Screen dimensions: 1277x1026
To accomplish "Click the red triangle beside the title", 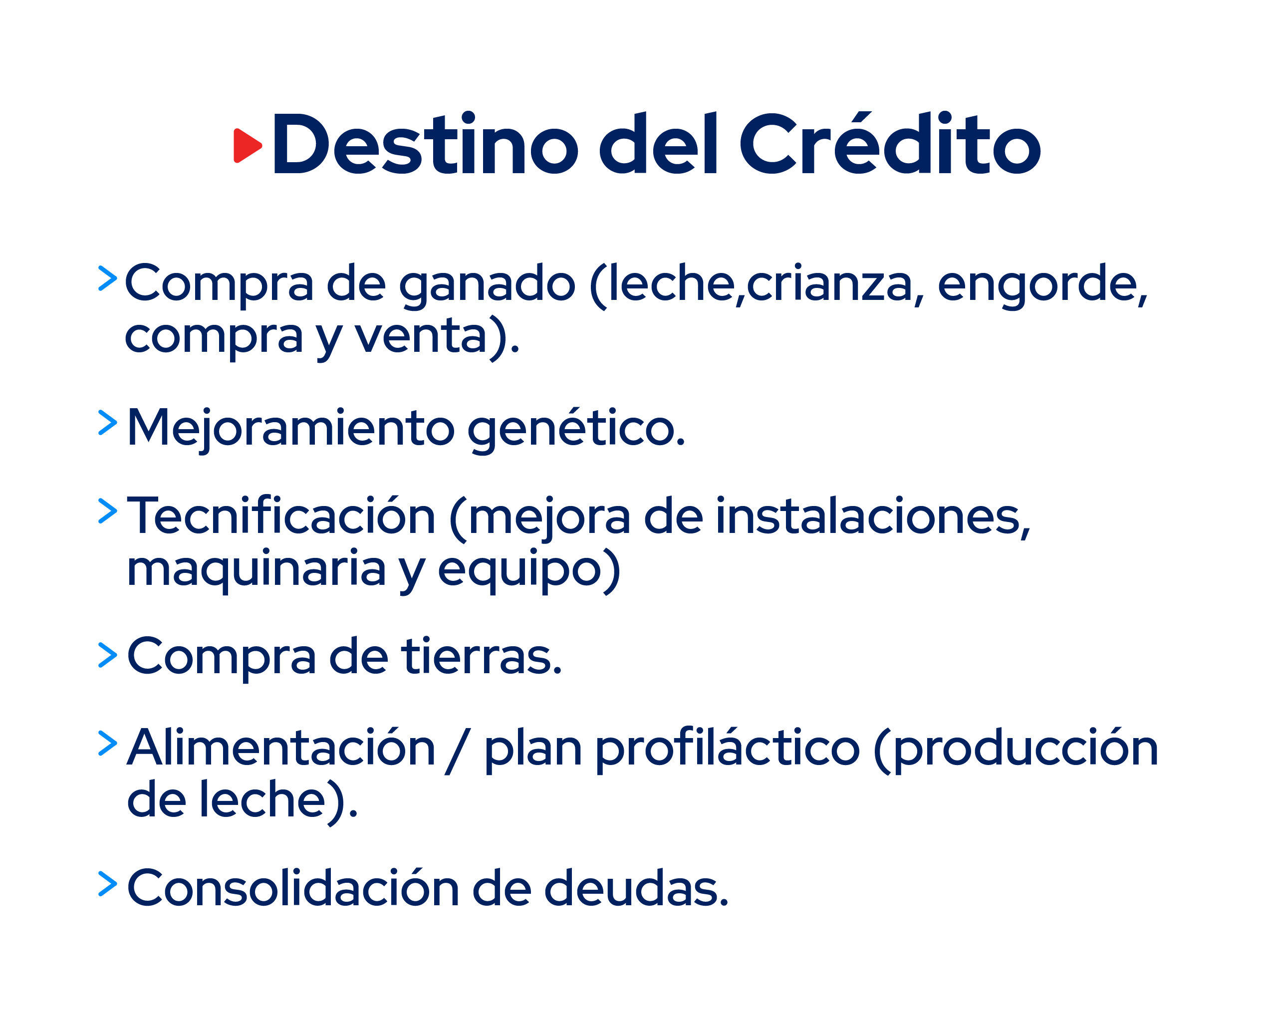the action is tap(247, 145).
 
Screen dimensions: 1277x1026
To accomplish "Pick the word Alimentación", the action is tap(282, 748).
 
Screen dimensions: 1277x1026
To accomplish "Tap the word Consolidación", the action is tap(294, 889).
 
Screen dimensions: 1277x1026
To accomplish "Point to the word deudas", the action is tap(636, 889).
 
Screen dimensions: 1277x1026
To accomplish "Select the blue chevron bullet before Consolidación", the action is tap(107, 884).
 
